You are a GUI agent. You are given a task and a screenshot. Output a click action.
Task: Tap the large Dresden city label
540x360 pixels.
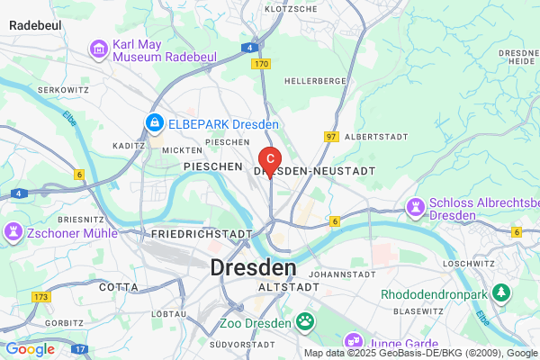(253, 267)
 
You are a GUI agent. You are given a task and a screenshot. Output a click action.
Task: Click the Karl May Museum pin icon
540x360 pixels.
(99, 49)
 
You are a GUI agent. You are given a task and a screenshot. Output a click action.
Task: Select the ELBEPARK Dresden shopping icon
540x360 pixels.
(155, 122)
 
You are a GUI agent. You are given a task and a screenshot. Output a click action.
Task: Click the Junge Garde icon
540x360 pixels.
(352, 341)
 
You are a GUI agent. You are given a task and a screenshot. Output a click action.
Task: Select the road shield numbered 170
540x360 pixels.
(261, 64)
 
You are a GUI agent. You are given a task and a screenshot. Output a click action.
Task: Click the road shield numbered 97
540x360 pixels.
(331, 136)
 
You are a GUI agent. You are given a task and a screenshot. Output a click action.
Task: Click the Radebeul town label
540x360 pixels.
(35, 26)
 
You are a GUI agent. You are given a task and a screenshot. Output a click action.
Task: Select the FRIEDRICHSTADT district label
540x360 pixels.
(201, 234)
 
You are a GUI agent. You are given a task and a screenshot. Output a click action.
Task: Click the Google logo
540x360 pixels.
(30, 348)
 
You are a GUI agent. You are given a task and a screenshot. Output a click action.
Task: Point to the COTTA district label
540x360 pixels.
(119, 287)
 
